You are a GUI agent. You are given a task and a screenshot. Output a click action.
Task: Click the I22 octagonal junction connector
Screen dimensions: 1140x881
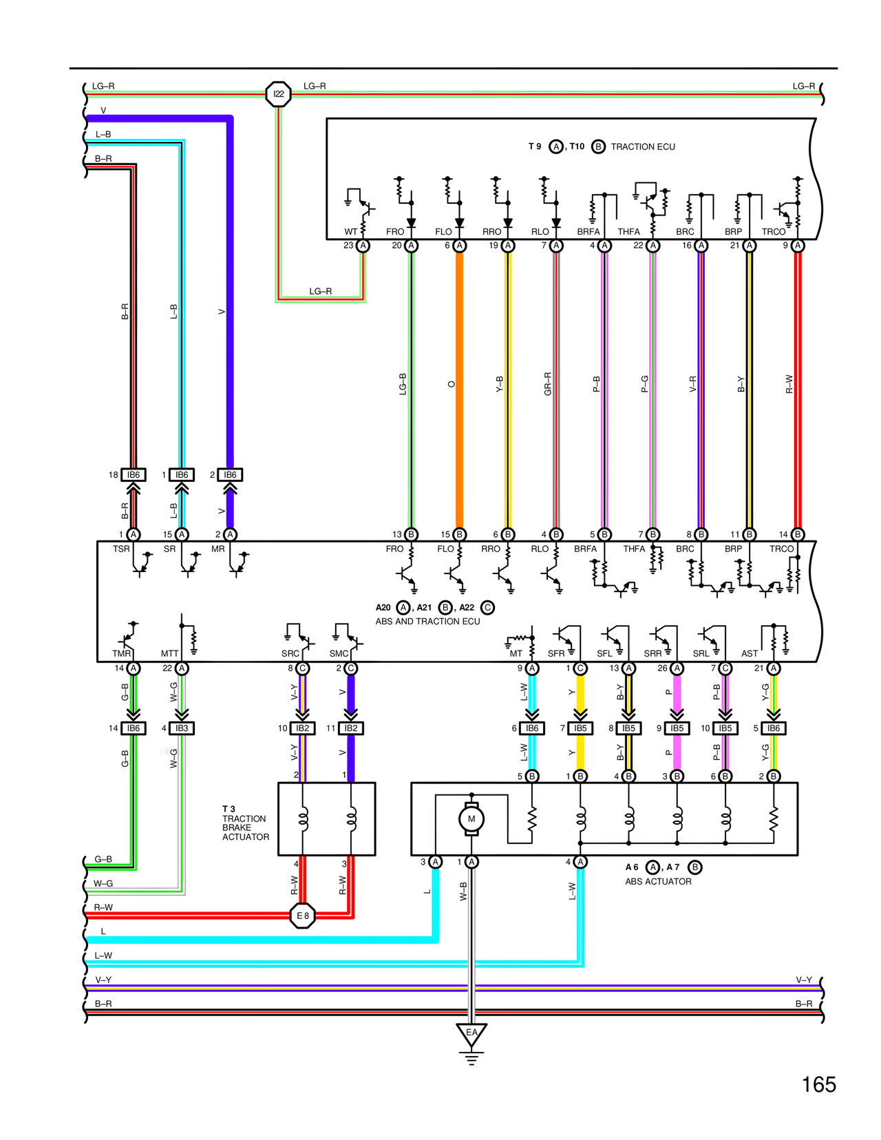pos(278,94)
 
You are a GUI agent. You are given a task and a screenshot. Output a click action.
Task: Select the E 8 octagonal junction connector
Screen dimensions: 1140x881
pos(303,916)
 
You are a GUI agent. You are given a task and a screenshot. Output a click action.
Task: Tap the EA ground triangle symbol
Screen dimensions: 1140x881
pos(471,1034)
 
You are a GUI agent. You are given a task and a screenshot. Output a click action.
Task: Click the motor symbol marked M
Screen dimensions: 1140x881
pos(471,819)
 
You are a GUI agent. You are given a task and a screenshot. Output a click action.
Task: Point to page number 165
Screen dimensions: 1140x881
pos(818,1085)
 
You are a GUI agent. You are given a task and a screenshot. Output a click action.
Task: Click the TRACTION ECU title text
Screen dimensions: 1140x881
pos(642,147)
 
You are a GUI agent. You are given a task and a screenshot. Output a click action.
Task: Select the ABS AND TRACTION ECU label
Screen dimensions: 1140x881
pos(427,621)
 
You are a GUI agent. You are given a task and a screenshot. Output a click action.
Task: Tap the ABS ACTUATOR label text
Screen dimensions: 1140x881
pos(658,881)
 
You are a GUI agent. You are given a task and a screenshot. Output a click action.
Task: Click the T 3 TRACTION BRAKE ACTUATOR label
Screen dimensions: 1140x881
pos(245,823)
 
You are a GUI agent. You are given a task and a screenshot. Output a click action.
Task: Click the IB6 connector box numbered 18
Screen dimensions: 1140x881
pos(134,475)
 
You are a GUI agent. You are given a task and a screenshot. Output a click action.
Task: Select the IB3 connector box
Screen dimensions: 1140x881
pos(182,728)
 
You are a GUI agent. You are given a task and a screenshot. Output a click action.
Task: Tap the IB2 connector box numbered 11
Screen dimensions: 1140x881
pos(351,728)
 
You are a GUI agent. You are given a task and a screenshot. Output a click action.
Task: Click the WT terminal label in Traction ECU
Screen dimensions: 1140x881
pos(351,232)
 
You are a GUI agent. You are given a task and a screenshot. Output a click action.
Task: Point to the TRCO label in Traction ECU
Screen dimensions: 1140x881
pos(773,232)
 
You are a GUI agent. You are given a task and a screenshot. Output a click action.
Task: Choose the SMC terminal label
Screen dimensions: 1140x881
pos(339,653)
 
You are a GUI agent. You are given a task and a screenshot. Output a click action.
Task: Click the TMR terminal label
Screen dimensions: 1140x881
pos(122,653)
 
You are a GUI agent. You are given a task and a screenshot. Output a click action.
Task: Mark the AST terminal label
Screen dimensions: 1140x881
pos(750,653)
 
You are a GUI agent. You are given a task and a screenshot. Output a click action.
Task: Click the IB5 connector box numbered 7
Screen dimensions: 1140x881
pos(580,728)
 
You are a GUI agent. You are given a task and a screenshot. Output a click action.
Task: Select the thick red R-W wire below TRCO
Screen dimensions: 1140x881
pos(798,386)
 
